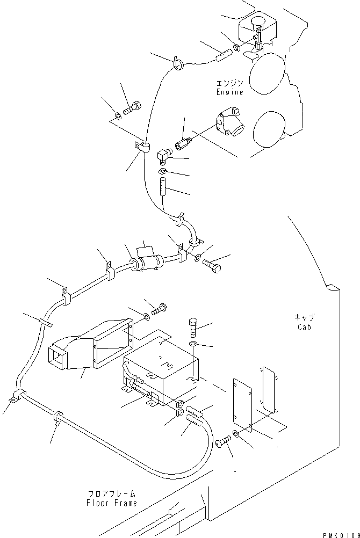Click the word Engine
pyautogui.click(x=230, y=92)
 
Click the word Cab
pyautogui.click(x=304, y=327)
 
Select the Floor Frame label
pyautogui.click(x=112, y=503)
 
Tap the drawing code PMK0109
pyautogui.click(x=341, y=535)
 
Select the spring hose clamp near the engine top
pyautogui.click(x=178, y=63)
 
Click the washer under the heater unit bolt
pyautogui.click(x=193, y=344)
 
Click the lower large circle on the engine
pyautogui.click(x=269, y=129)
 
